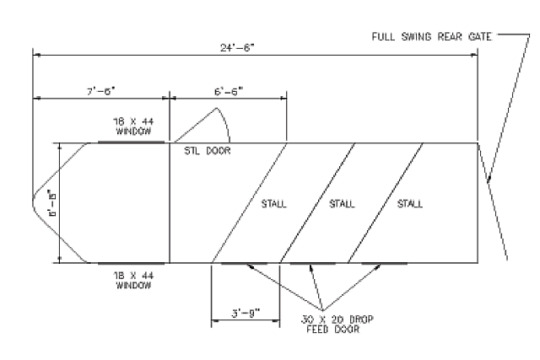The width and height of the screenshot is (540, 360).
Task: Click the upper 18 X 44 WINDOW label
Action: click(x=132, y=126)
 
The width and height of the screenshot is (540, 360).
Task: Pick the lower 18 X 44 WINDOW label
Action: click(x=132, y=280)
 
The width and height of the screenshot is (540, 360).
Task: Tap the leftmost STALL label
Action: click(x=273, y=204)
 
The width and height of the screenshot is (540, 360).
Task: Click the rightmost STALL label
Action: click(x=409, y=204)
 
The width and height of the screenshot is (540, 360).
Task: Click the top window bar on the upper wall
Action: click(x=132, y=142)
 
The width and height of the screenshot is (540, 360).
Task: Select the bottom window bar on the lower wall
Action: click(x=132, y=263)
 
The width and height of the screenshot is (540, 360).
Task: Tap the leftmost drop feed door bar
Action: click(x=244, y=263)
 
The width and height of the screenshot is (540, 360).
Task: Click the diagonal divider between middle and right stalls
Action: click(x=385, y=203)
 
